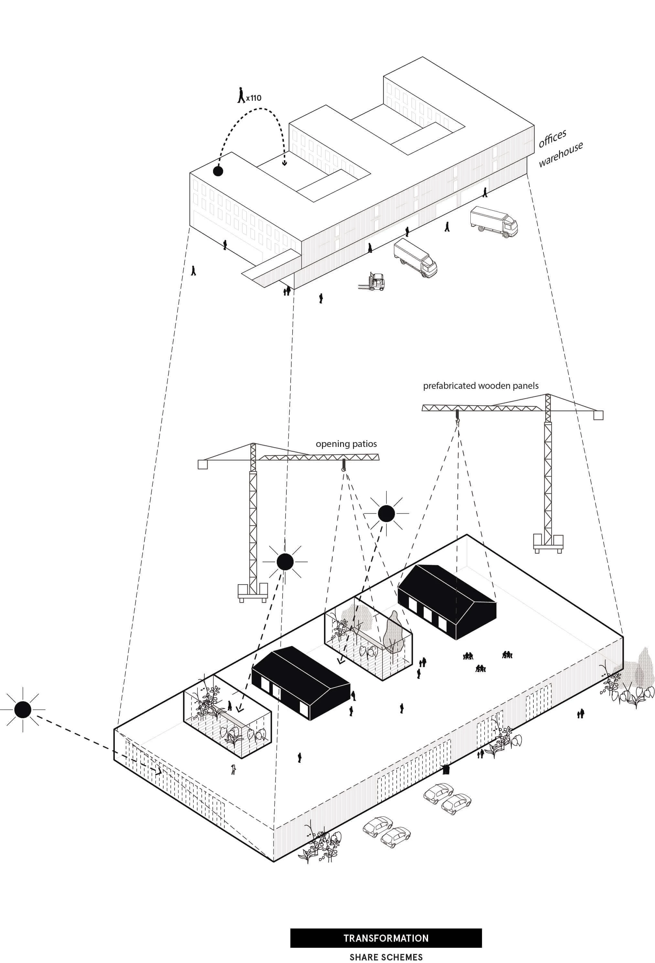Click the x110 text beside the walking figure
coord(253,98)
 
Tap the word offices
coord(552,139)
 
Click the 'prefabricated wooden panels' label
coord(480,386)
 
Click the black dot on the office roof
coord(218,171)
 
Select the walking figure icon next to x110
coord(241,95)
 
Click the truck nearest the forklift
coord(415,259)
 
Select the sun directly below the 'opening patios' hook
coord(386,514)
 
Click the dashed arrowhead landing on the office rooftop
coord(285,162)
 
